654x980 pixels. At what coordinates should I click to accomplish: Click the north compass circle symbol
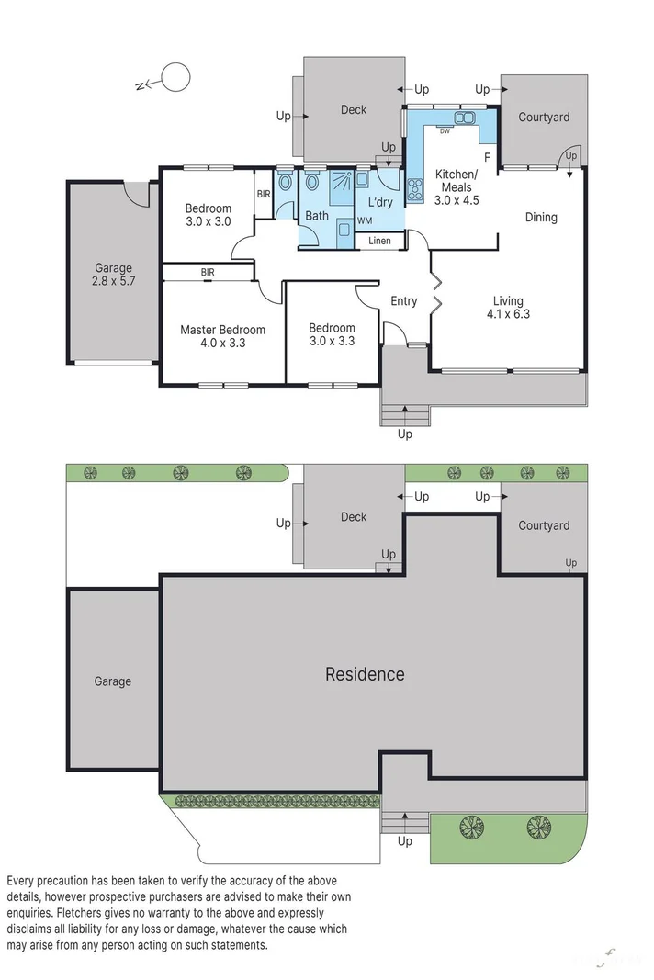[175, 79]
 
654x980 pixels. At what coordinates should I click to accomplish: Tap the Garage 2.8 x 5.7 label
[113, 276]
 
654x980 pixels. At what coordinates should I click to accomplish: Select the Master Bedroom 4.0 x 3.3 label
[222, 336]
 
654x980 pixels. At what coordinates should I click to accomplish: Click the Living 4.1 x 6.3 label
[508, 307]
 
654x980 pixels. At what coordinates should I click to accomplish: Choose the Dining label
[541, 218]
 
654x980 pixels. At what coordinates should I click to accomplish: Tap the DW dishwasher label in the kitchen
[445, 131]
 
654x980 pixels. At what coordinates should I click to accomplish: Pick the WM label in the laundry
[365, 221]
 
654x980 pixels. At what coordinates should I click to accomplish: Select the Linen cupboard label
[379, 242]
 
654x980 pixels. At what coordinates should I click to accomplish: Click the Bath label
[317, 216]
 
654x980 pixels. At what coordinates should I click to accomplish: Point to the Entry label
[404, 301]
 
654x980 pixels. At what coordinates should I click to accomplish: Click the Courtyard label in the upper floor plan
[544, 117]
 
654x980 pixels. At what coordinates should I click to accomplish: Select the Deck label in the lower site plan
[354, 517]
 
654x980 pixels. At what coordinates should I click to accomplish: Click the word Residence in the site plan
[365, 674]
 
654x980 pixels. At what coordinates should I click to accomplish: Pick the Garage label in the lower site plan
[112, 681]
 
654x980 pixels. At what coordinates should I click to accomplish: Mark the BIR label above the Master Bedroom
[208, 272]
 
